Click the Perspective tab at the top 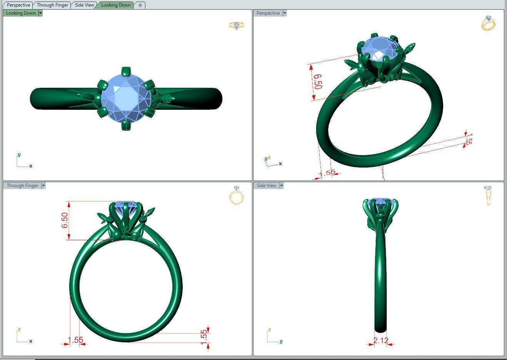18,5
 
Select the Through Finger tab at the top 52,5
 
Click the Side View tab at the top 84,5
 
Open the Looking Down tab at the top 115,5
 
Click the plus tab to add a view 140,5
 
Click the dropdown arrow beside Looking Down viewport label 40,13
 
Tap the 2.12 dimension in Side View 380,340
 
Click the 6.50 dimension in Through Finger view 65,220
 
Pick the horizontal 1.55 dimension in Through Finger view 75,340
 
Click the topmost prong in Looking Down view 125,72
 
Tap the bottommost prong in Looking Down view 125,125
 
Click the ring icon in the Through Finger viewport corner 236,196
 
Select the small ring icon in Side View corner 488,195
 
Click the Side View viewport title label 266,186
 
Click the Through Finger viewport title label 22,186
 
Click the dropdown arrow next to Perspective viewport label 285,13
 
